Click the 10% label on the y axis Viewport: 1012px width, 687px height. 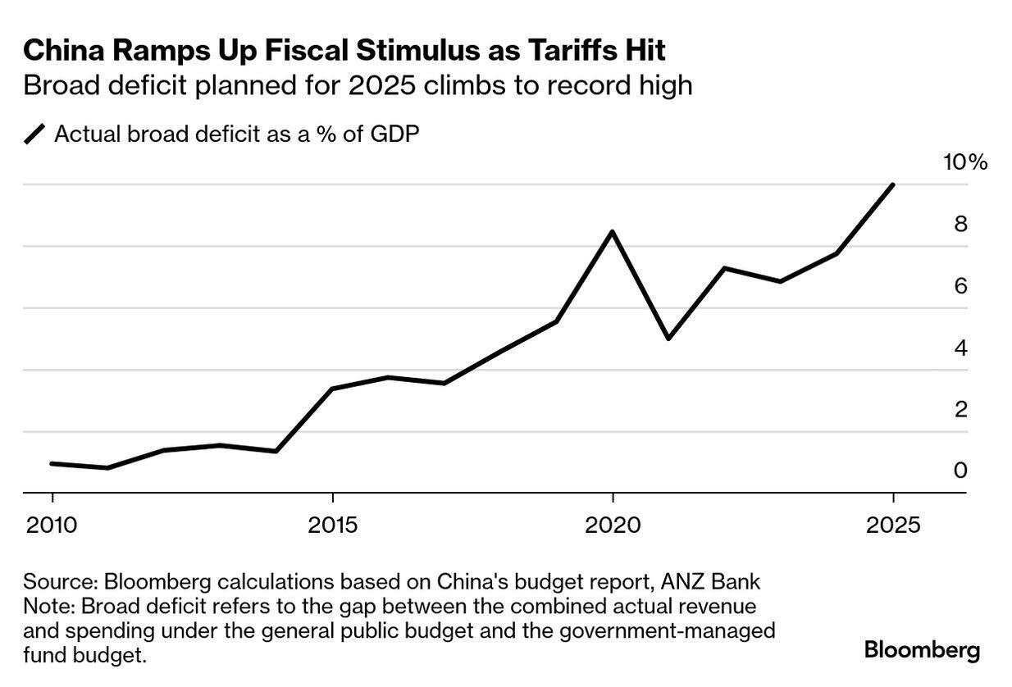pyautogui.click(x=965, y=162)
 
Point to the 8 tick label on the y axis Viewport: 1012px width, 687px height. pyautogui.click(x=960, y=224)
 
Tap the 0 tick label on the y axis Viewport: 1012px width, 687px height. pyautogui.click(x=960, y=470)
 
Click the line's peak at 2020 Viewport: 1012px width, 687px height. pyautogui.click(x=612, y=232)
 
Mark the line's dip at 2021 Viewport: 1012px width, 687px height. pyautogui.click(x=668, y=338)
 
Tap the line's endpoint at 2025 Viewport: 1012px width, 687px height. pyautogui.click(x=892, y=185)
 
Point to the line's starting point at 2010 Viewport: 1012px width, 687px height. pyautogui.click(x=52, y=464)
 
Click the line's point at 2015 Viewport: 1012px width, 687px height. pyautogui.click(x=332, y=389)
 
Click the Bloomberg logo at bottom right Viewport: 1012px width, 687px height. pyautogui.click(x=922, y=651)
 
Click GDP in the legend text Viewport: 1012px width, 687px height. pyautogui.click(x=394, y=134)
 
